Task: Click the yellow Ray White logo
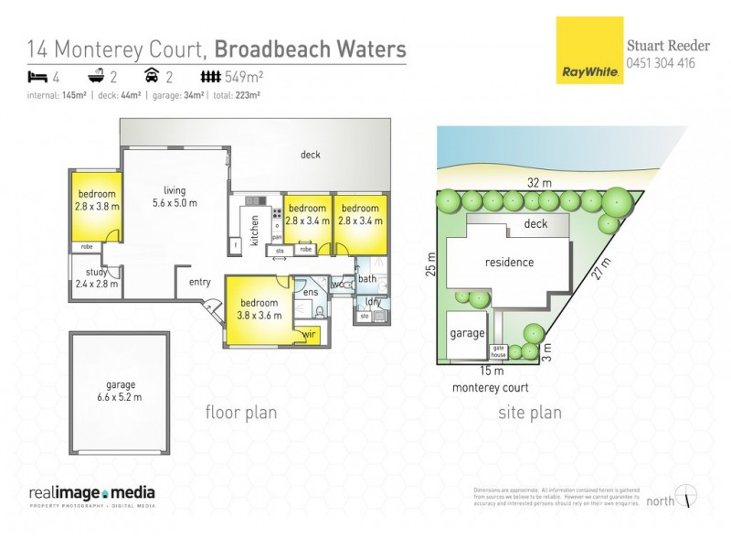(589, 51)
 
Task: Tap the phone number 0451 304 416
(661, 63)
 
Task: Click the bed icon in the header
(37, 77)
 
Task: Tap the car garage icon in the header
(152, 77)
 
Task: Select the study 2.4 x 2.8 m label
(96, 278)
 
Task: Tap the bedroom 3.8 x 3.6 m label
(260, 309)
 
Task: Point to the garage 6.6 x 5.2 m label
(120, 391)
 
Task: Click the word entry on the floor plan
(199, 282)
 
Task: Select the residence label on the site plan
(509, 263)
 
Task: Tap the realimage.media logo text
(91, 493)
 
